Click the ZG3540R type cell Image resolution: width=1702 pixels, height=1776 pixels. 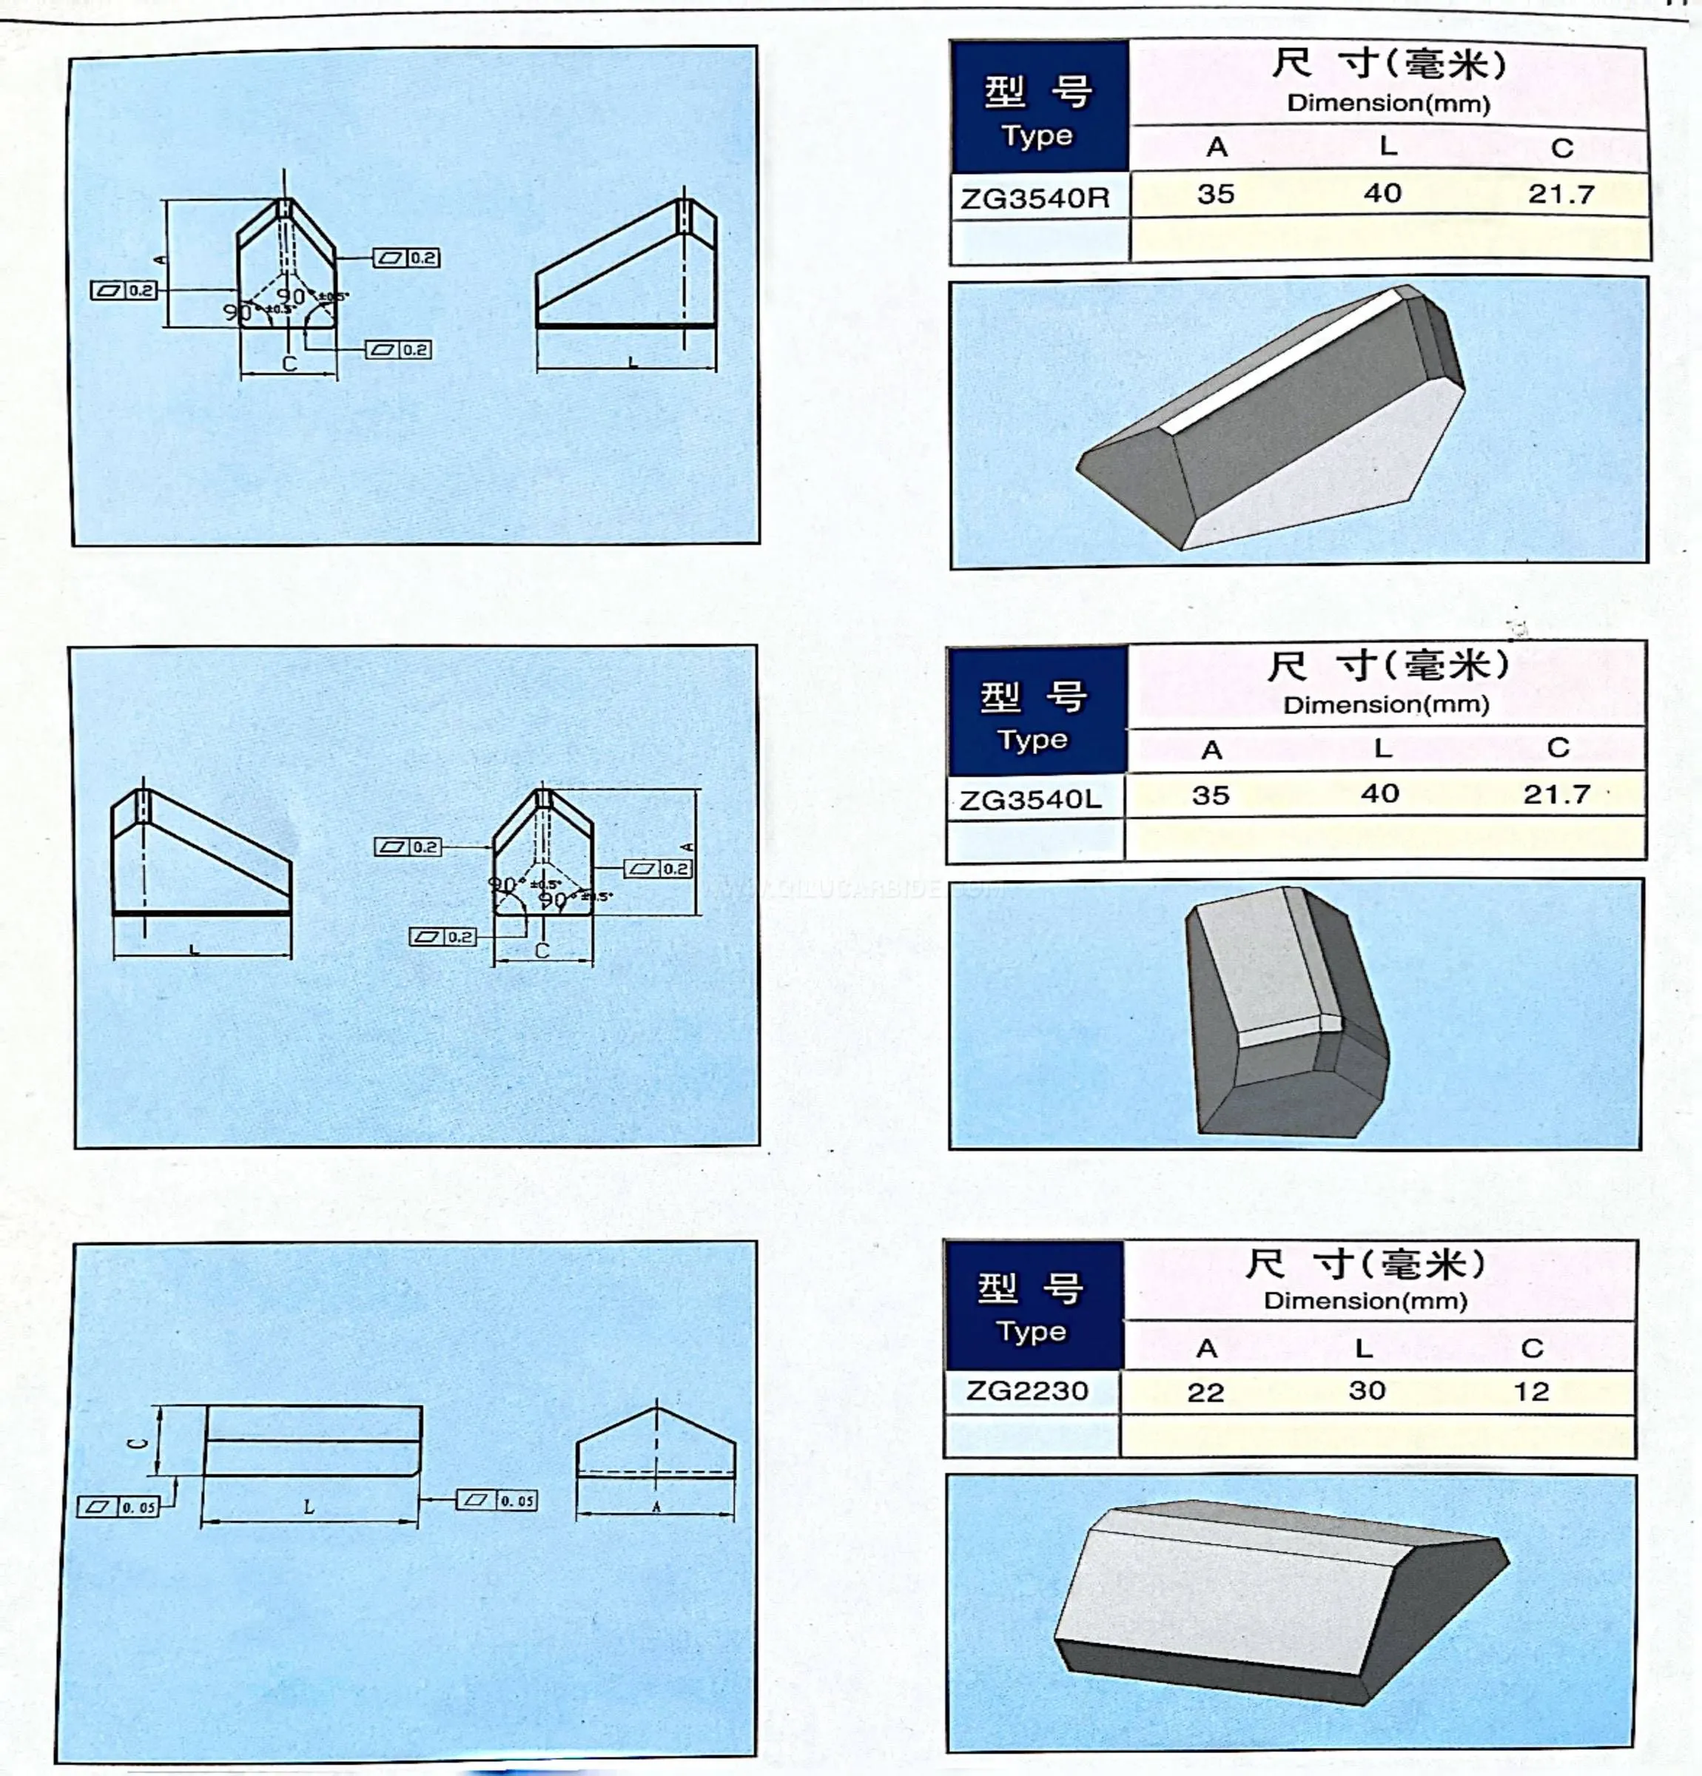1035,198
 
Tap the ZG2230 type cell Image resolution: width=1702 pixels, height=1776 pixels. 1027,1390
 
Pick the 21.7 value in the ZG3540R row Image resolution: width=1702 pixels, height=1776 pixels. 1561,194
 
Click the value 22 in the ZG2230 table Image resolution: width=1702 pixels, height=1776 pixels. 1205,1392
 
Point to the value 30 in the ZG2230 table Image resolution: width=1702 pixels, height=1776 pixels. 1367,1390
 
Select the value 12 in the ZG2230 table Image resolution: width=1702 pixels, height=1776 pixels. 1531,1391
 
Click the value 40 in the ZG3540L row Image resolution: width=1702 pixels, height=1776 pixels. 1379,794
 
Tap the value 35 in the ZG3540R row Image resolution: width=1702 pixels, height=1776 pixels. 1215,194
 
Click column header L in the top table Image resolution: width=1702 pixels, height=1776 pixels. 1387,146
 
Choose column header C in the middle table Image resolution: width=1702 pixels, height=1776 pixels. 1558,747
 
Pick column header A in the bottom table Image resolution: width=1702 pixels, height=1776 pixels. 1206,1348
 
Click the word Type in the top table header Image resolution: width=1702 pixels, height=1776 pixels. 1037,136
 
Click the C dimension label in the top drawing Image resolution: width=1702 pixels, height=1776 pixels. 289,363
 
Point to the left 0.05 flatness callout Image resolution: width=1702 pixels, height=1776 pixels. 118,1507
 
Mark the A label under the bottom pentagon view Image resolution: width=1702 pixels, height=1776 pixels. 656,1507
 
